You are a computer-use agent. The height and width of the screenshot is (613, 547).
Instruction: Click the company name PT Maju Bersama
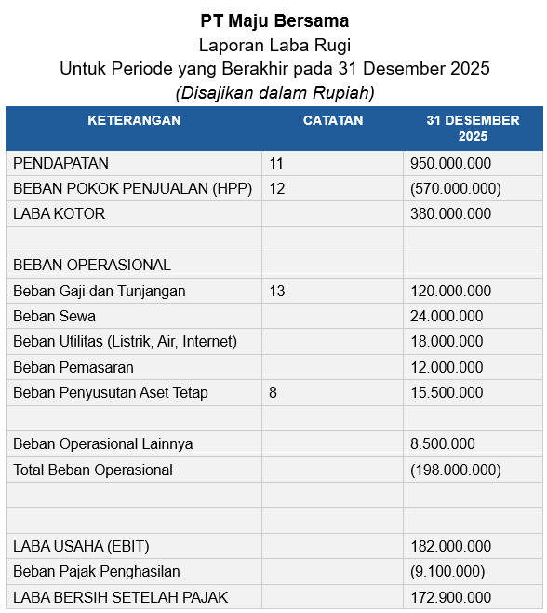pos(274,20)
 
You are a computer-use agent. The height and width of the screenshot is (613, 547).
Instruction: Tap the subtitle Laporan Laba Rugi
pos(274,44)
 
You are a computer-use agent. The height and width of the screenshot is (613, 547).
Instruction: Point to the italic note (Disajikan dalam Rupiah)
pos(274,92)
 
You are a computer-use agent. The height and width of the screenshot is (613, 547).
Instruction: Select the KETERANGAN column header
pos(134,120)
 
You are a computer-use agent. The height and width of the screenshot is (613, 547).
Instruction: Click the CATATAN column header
pos(333,120)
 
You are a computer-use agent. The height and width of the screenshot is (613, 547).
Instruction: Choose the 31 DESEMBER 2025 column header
pos(473,129)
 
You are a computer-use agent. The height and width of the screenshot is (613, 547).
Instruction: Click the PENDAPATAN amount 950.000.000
pos(450,163)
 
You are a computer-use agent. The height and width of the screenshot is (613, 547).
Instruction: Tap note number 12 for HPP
pos(276,188)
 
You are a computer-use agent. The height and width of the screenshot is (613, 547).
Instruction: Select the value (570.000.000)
pos(455,188)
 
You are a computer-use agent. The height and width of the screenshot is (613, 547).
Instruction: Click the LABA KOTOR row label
pos(59,213)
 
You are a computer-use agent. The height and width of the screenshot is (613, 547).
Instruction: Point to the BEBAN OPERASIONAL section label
pos(92,265)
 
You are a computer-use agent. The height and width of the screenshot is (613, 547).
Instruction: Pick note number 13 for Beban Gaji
pos(276,291)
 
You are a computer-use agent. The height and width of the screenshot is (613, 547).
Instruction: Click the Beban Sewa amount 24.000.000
pos(447,316)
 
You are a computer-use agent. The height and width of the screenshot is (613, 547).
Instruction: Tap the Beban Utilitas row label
pos(125,342)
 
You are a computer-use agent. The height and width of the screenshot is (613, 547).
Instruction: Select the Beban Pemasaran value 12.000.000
pos(447,367)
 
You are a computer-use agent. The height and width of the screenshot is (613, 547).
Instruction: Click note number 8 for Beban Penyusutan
pos(273,392)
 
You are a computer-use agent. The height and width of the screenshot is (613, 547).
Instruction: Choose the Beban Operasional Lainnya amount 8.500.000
pos(443,443)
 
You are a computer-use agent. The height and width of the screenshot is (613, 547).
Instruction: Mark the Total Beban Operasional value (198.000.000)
pos(455,470)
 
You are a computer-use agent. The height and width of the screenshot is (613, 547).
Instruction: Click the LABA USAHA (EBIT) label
pos(81,546)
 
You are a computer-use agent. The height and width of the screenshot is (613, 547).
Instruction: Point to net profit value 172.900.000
pos(450,597)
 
